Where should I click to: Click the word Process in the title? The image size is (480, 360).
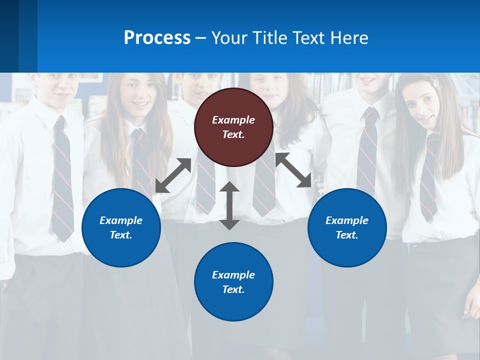[157, 38]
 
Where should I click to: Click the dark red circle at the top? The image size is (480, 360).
[233, 127]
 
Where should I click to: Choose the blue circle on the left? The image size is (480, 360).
[121, 227]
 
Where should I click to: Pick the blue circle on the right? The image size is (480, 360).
[347, 227]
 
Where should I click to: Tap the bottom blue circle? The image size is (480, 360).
[233, 282]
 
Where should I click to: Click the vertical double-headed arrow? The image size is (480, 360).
[229, 206]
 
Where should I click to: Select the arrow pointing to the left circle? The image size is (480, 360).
[173, 175]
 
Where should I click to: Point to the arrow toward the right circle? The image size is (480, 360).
[293, 170]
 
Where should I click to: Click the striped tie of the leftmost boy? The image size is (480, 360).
[62, 180]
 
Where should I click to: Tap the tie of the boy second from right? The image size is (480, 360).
[367, 150]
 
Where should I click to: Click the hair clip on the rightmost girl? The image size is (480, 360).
[436, 80]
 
